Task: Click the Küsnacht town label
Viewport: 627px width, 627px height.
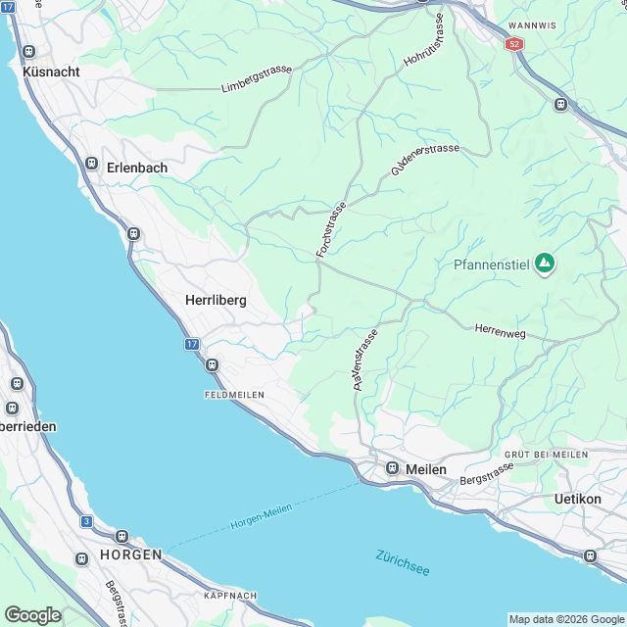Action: click(x=50, y=72)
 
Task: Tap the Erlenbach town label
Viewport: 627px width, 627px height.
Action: click(x=137, y=168)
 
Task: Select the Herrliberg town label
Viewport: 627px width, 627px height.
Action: click(x=216, y=300)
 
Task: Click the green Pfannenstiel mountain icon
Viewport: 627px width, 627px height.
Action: click(x=546, y=264)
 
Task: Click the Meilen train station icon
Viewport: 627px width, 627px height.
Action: click(x=393, y=469)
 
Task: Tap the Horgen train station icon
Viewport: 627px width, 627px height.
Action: click(x=121, y=537)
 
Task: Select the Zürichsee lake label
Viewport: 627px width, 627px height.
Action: click(x=402, y=563)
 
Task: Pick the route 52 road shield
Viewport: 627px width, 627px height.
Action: click(x=514, y=44)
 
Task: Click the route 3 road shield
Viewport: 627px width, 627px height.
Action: click(x=86, y=521)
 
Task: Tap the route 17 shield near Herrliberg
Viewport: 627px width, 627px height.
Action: click(x=192, y=344)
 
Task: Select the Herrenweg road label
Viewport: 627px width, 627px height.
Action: click(x=500, y=334)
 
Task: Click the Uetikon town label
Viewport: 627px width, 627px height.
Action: click(x=577, y=499)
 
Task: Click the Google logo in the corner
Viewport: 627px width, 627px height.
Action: click(x=32, y=614)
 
